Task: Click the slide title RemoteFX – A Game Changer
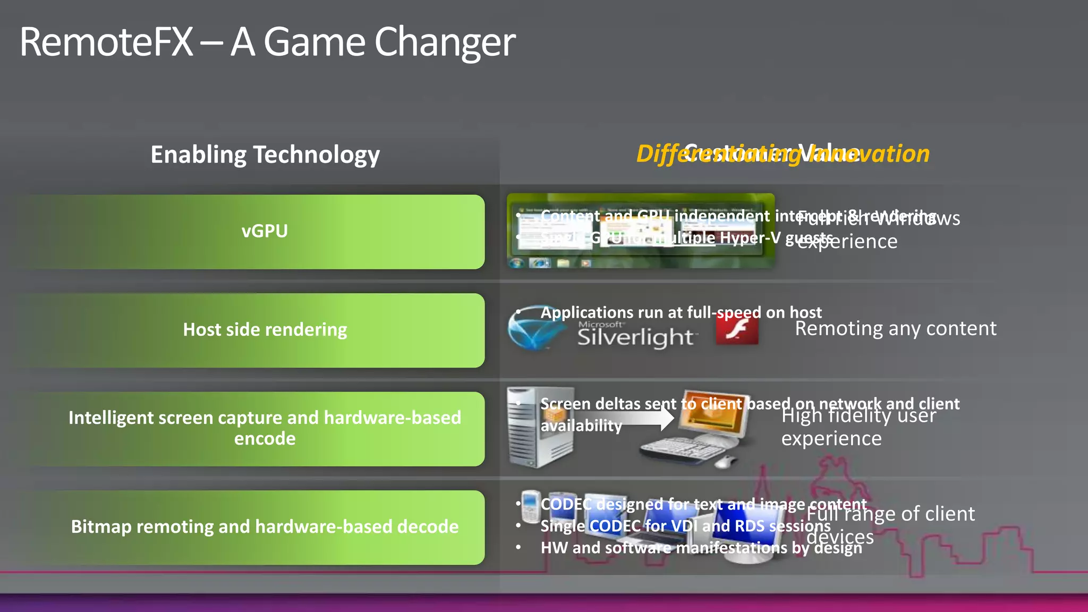267,42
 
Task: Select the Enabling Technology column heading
265,155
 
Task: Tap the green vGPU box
265,232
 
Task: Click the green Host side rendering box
265,330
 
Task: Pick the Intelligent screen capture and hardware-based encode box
265,428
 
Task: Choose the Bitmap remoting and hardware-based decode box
265,527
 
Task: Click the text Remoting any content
895,329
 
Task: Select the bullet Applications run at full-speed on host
681,312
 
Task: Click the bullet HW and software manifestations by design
701,548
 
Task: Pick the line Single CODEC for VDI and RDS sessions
685,526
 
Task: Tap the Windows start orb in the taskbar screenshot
515,263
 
